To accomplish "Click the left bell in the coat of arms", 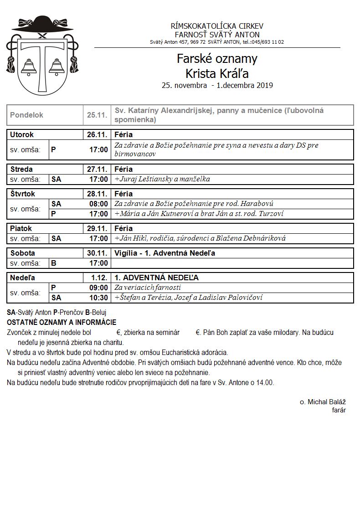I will point(29,67).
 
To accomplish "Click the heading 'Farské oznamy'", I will point(217,59).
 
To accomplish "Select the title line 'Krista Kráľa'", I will point(217,73).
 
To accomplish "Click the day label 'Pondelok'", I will point(26,115).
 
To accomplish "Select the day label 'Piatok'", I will point(21,228).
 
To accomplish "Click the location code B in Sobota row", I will point(54,263).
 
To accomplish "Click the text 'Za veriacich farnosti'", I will point(148,288).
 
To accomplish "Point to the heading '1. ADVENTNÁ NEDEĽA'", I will point(156,278).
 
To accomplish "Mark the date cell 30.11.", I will point(97,253).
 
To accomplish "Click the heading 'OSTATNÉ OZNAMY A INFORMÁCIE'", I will point(62,322).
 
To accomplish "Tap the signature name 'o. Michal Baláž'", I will point(323,401).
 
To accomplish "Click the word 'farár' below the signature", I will point(339,410).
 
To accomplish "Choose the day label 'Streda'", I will point(21,169).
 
